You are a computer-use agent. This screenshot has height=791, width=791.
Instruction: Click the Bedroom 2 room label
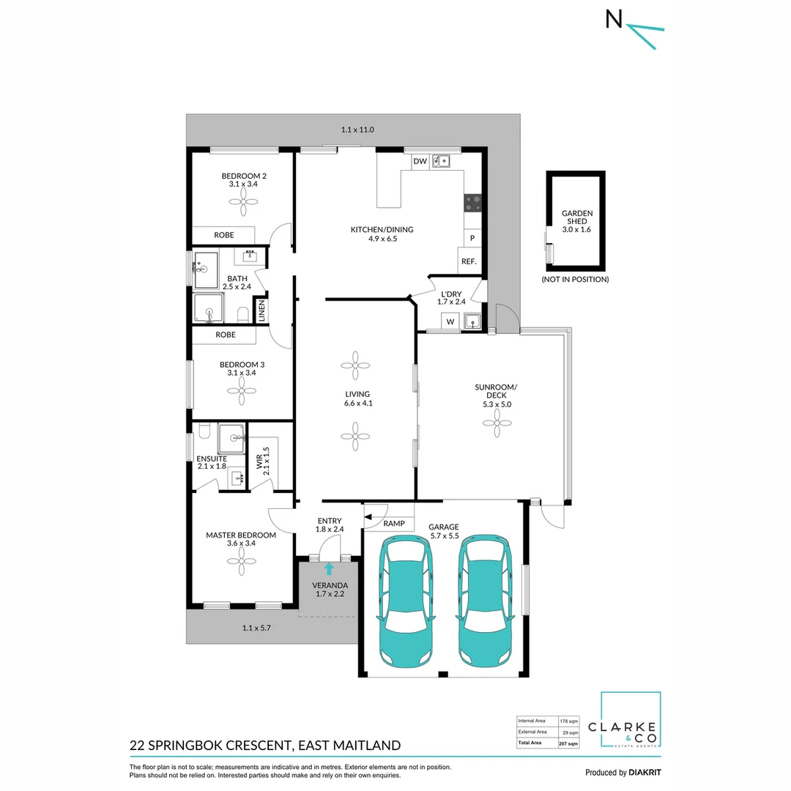click(x=242, y=176)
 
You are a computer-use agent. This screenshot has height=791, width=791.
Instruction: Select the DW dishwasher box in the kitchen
click(x=420, y=161)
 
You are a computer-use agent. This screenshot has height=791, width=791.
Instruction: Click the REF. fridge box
click(x=469, y=261)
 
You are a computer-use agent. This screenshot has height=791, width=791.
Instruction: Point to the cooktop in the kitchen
click(x=473, y=203)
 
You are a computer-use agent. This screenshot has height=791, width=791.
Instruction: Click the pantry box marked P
click(x=472, y=238)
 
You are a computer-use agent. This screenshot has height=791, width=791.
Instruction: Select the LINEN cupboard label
click(x=261, y=311)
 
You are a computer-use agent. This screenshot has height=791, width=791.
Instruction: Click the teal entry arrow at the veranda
click(x=329, y=568)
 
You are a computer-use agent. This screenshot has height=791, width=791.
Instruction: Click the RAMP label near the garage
click(x=394, y=524)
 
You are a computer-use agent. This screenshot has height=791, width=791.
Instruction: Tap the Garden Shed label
click(x=576, y=218)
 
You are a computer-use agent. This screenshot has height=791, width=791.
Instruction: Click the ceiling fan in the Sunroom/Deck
click(x=497, y=421)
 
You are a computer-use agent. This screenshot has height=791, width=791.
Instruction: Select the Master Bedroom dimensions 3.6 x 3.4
click(x=241, y=544)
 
